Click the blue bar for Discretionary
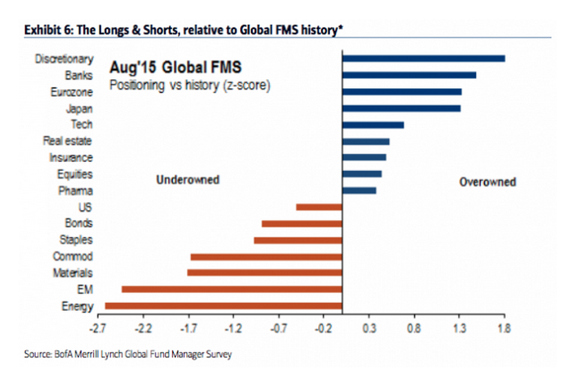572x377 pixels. pyautogui.click(x=423, y=59)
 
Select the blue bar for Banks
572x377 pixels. pyautogui.click(x=408, y=75)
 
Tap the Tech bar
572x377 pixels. pyautogui.click(x=373, y=125)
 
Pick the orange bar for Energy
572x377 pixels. pyautogui.click(x=224, y=306)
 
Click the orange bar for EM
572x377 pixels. pyautogui.click(x=232, y=289)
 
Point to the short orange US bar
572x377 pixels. pyautogui.click(x=319, y=207)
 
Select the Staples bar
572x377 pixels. pyautogui.click(x=298, y=240)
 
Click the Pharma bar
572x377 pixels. pyautogui.click(x=359, y=190)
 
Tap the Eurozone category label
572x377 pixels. pyautogui.click(x=72, y=92)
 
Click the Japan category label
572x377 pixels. pyautogui.click(x=79, y=108)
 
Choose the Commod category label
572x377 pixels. pyautogui.click(x=72, y=256)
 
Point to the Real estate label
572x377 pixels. pyautogui.click(x=68, y=141)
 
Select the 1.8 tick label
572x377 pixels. pyautogui.click(x=504, y=328)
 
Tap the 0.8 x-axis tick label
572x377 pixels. pyautogui.click(x=414, y=328)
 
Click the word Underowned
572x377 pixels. pyautogui.click(x=187, y=180)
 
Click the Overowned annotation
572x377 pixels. pyautogui.click(x=487, y=182)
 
